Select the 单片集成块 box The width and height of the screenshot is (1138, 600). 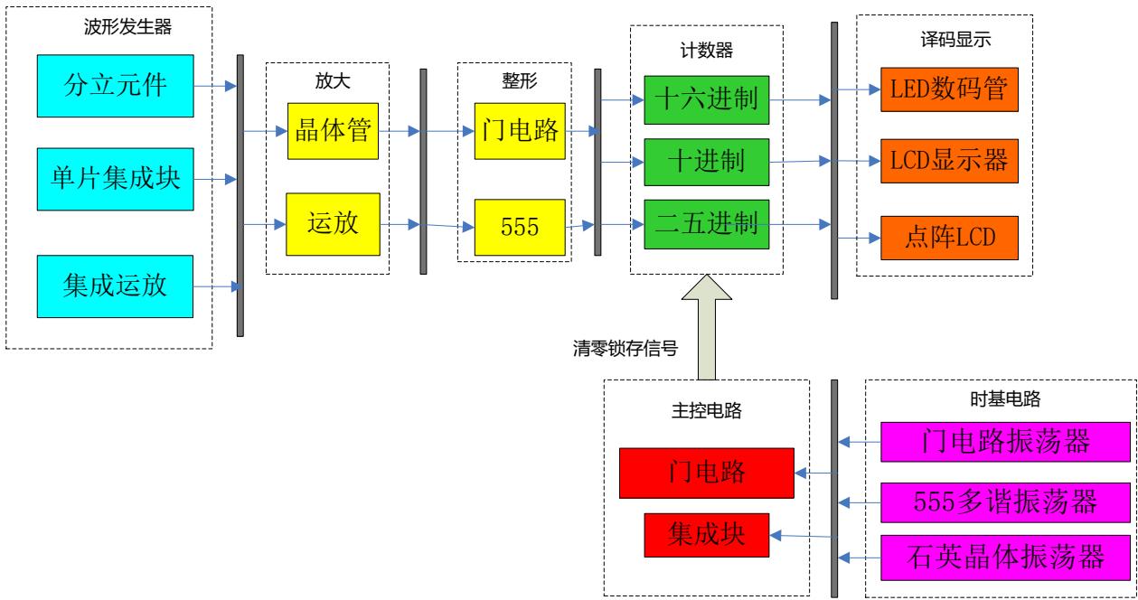[x=116, y=179]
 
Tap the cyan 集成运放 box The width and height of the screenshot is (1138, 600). [x=116, y=287]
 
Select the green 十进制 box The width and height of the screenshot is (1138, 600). [x=706, y=163]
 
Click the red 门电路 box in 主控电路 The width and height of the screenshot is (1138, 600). [x=706, y=473]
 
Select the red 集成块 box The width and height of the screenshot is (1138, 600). [x=706, y=535]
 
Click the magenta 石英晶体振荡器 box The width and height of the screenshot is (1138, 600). [x=1006, y=554]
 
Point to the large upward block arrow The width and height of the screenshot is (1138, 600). [x=707, y=325]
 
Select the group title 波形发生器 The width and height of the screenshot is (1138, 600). [x=127, y=27]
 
